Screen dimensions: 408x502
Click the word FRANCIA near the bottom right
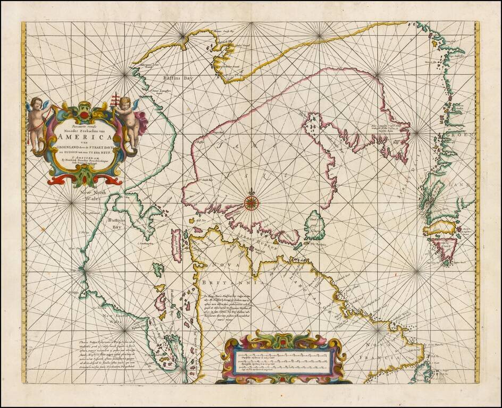388,362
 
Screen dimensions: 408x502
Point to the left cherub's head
37,103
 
